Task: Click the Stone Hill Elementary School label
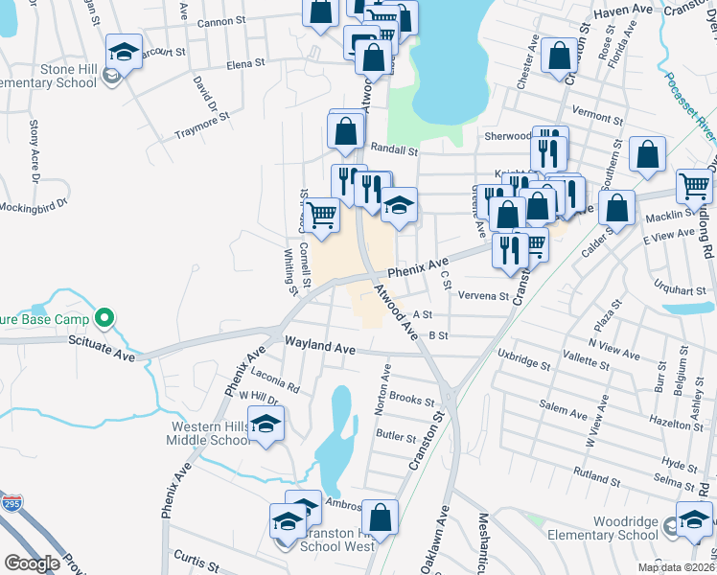tap(56, 76)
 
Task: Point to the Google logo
tap(33, 563)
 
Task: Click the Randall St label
tap(394, 150)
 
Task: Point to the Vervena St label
tap(482, 296)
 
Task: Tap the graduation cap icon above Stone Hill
tap(124, 51)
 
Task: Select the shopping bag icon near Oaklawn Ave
tap(380, 517)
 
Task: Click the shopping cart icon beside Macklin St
tap(694, 187)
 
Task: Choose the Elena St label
tap(244, 63)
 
